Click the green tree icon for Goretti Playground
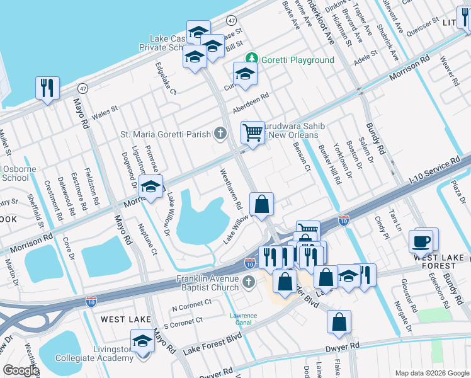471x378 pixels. tap(252, 59)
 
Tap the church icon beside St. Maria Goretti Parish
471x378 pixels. tap(220, 133)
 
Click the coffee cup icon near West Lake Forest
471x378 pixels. tap(421, 241)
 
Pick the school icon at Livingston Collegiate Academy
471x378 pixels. tap(143, 342)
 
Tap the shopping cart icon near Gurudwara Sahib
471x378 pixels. tap(253, 133)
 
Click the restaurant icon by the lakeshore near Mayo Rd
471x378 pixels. tap(47, 88)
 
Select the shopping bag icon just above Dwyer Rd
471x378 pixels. tap(339, 322)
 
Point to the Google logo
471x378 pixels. tap(21, 370)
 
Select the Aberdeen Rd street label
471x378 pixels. tap(250, 101)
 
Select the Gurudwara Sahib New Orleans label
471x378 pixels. tap(293, 131)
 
